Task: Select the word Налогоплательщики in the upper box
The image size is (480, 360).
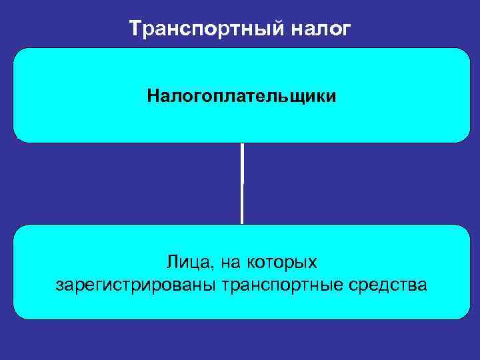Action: [x=242, y=97]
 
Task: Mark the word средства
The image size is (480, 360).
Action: [x=388, y=285]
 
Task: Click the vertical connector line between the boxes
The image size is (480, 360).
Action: [x=242, y=183]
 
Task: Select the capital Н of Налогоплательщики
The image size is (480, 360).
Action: [x=153, y=97]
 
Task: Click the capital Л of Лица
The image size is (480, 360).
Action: [x=172, y=260]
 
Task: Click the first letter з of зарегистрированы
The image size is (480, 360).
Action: [x=61, y=286]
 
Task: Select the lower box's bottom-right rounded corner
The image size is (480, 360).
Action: [x=464, y=313]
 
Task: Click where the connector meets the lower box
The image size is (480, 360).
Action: [x=242, y=225]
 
